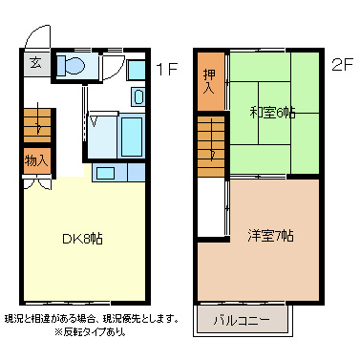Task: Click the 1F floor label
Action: pos(167,68)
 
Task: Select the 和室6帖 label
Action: pos(273,112)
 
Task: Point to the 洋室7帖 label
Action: pos(271,234)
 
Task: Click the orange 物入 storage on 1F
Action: pos(36,160)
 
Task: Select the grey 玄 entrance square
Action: pos(34,65)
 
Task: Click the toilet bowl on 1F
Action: pos(72,66)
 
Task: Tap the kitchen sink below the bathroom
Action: pos(105,173)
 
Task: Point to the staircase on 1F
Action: pos(36,121)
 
